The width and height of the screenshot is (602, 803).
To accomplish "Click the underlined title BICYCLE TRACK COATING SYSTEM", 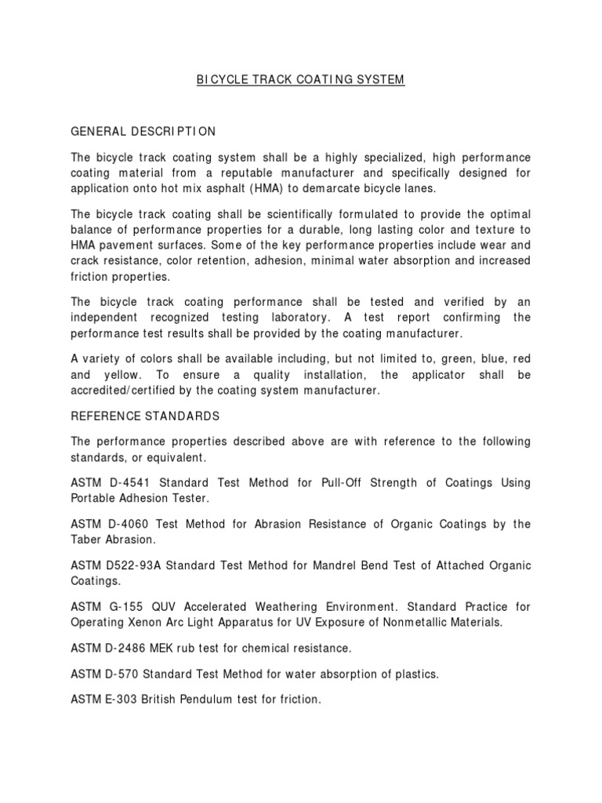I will click(300, 80).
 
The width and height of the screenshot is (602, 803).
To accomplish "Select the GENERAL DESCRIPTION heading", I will click(143, 130).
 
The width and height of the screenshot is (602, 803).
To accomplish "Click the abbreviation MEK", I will click(164, 649).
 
